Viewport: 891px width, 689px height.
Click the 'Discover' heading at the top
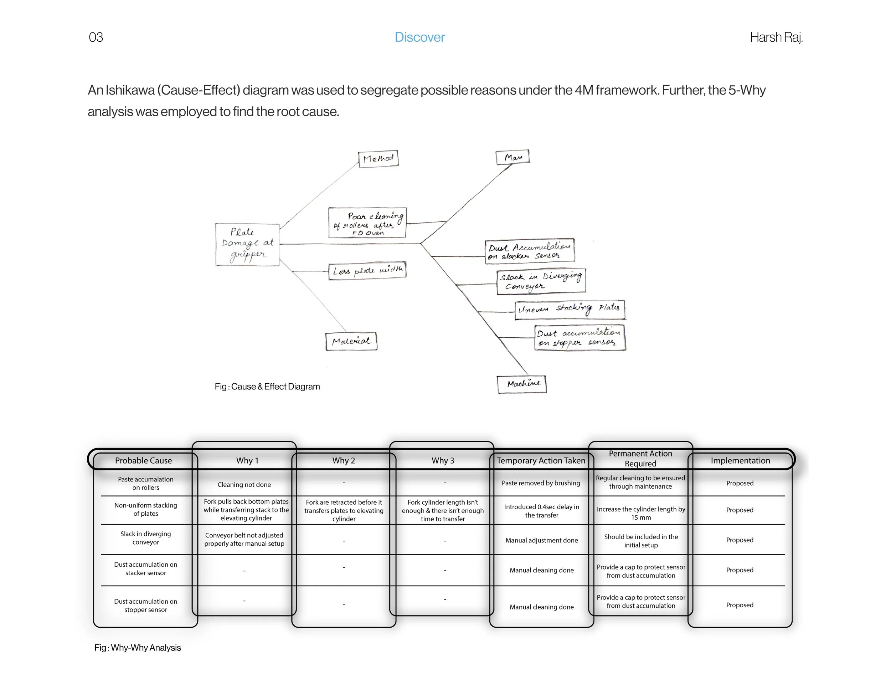(419, 37)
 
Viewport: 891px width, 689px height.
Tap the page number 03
(96, 37)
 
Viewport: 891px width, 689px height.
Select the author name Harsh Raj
(776, 37)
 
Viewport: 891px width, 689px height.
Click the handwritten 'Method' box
(378, 158)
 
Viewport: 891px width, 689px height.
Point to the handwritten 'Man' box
(513, 157)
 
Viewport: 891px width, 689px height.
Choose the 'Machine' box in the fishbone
(521, 384)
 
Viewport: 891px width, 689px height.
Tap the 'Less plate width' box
(367, 271)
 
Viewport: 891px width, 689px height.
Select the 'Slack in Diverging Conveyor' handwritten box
(541, 281)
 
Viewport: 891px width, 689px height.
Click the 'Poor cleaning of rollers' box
(367, 223)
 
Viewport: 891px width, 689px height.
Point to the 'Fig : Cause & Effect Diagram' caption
(267, 387)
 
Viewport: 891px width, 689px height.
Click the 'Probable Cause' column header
(143, 460)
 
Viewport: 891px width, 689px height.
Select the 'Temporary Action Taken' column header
(541, 460)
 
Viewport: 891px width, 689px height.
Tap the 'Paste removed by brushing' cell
(541, 483)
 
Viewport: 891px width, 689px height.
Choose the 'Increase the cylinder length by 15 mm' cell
(640, 513)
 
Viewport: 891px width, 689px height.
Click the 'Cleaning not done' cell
(244, 485)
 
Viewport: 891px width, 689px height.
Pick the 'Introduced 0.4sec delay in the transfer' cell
(541, 511)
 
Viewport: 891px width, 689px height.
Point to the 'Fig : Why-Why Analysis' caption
(138, 648)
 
